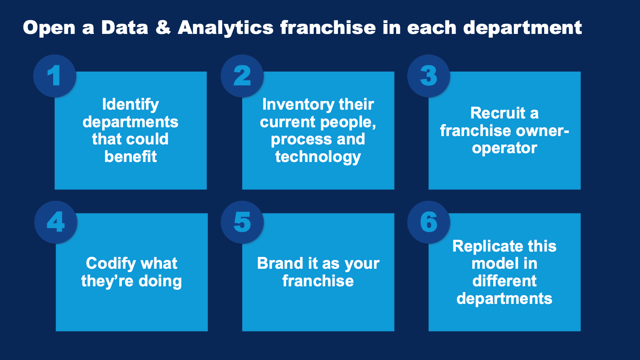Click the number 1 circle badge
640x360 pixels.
click(55, 76)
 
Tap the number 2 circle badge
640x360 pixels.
click(242, 76)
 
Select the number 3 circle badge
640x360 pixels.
click(429, 76)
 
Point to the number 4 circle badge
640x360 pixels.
click(56, 222)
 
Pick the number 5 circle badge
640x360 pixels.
click(242, 222)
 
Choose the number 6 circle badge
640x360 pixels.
click(429, 222)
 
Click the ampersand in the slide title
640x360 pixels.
click(163, 28)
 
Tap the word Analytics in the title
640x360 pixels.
click(225, 28)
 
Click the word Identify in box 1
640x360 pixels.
click(131, 104)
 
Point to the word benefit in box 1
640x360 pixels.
click(131, 157)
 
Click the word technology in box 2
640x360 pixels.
click(318, 157)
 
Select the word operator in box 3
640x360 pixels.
click(504, 148)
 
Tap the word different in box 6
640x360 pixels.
click(504, 281)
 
